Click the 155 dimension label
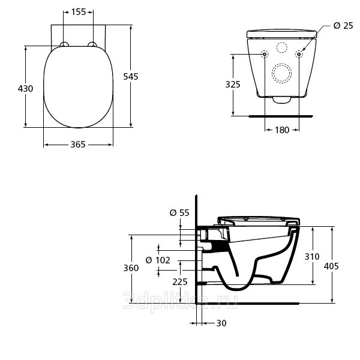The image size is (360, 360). click(79, 12)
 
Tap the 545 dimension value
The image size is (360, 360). click(131, 76)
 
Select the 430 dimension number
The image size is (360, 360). click(25, 88)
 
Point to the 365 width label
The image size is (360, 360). click(78, 145)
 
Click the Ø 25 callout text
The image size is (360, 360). click(343, 25)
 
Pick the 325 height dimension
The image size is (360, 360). click(233, 84)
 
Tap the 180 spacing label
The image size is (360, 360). click(282, 130)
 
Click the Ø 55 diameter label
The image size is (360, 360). click(179, 213)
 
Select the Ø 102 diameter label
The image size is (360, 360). click(158, 260)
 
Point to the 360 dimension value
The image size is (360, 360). click(131, 268)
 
